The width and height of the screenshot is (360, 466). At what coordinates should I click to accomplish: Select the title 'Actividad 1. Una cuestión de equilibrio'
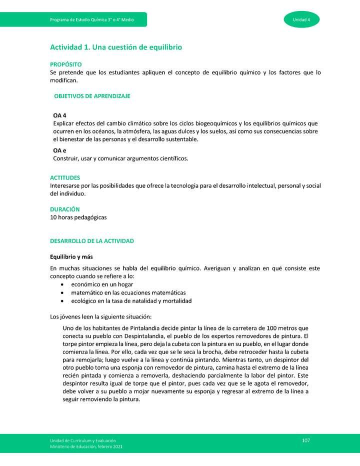[115, 47]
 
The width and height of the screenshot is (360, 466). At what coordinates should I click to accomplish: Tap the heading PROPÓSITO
[65, 65]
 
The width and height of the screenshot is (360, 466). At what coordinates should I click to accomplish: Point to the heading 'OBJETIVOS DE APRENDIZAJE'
[92, 96]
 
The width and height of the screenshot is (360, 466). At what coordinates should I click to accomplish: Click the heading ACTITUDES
[65, 177]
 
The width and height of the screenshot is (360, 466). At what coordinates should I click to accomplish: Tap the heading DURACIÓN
[64, 209]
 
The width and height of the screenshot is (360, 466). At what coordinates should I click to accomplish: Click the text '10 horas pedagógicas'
[78, 217]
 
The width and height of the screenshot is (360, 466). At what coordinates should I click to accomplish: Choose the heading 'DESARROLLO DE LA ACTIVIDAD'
[92, 241]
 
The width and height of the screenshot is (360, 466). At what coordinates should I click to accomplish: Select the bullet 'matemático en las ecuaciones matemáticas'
[128, 292]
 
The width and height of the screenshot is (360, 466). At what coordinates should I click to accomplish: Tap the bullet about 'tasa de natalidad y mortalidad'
[131, 301]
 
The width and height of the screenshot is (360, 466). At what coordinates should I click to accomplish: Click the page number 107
[306, 440]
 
